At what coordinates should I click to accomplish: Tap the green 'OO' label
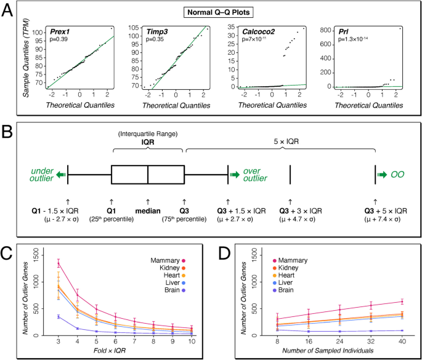pyautogui.click(x=398, y=175)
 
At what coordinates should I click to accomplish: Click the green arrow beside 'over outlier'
pyautogui.click(x=235, y=175)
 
